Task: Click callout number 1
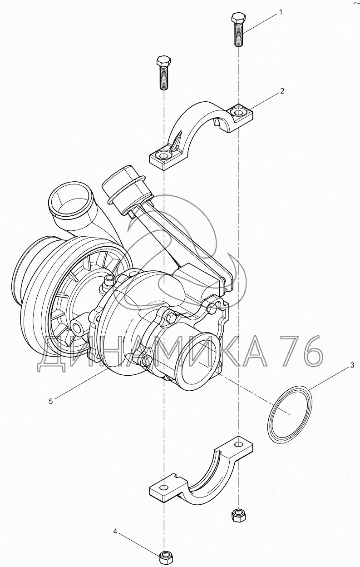pyautogui.click(x=280, y=12)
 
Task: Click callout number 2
pyautogui.click(x=282, y=91)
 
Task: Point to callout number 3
pyautogui.click(x=352, y=365)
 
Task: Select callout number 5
pyautogui.click(x=51, y=401)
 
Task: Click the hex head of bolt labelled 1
pyautogui.click(x=238, y=18)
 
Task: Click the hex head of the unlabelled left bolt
pyautogui.click(x=164, y=61)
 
